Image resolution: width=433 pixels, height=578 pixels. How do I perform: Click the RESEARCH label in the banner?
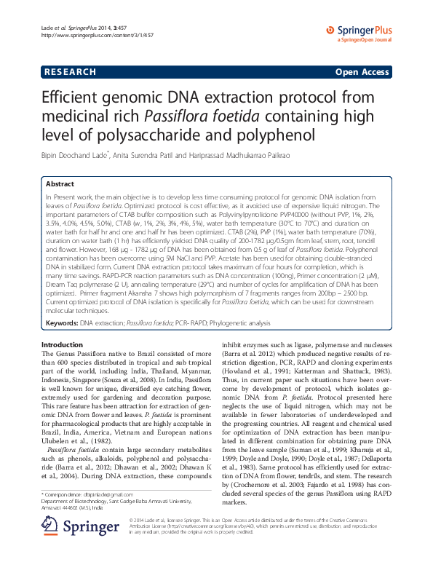coord(70,72)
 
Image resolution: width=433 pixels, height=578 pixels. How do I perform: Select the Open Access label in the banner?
coord(360,72)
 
